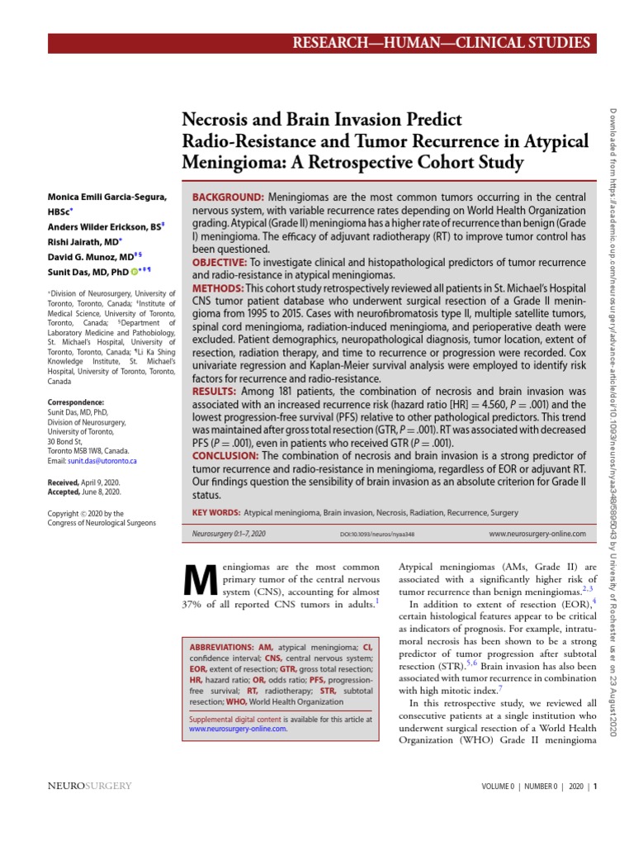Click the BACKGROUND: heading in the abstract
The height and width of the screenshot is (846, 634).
pos(228,198)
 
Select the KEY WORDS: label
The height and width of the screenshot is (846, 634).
pos(216,513)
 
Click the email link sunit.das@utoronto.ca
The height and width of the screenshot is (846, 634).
pos(102,461)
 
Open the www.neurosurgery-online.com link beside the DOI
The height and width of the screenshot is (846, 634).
pos(537,535)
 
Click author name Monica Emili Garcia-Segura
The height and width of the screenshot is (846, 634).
pos(107,197)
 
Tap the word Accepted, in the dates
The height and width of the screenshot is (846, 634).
pos(65,492)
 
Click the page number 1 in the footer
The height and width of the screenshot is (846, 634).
pos(595,787)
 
